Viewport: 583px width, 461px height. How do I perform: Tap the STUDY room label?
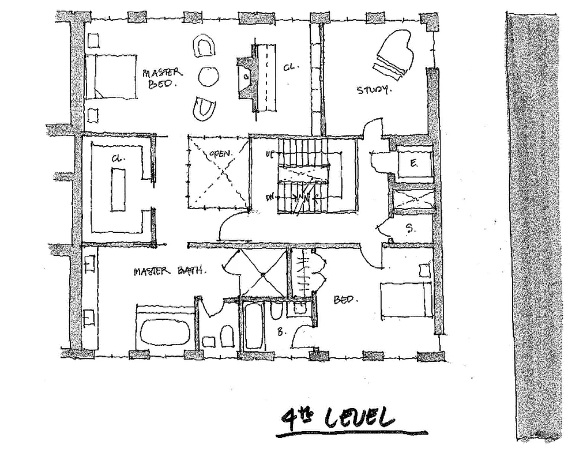(x=374, y=90)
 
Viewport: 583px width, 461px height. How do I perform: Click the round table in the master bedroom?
(x=208, y=76)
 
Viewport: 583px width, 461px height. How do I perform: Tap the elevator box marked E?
(x=414, y=163)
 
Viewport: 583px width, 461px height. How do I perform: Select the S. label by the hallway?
(x=410, y=229)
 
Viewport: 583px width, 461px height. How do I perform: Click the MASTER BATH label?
(x=170, y=270)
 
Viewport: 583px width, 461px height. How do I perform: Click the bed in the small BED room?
(x=407, y=298)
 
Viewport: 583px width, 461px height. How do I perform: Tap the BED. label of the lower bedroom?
(x=347, y=300)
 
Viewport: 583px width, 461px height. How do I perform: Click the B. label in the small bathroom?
(x=282, y=332)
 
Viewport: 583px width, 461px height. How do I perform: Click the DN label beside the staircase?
(x=269, y=197)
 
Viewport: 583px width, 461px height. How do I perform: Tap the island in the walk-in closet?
(x=118, y=190)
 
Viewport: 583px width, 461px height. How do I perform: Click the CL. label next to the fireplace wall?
(x=289, y=67)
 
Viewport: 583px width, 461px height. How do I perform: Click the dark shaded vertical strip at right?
(x=535, y=225)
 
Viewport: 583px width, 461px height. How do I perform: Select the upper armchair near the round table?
(x=204, y=46)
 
